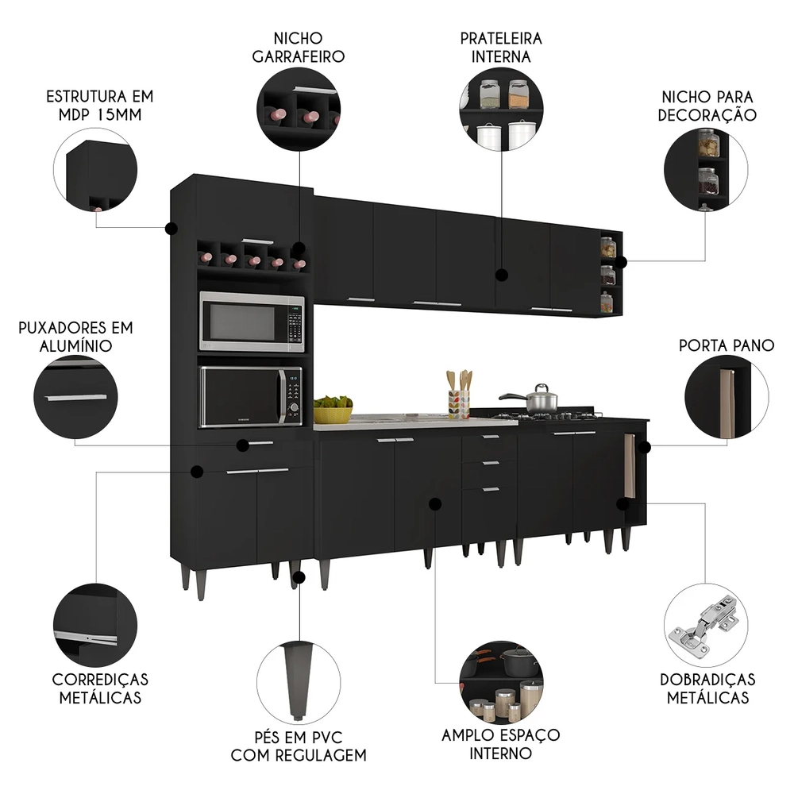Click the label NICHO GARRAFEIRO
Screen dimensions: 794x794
[298, 47]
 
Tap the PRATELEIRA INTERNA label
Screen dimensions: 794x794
[501, 47]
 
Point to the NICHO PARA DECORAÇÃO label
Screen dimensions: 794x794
[707, 105]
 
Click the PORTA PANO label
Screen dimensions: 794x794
[727, 345]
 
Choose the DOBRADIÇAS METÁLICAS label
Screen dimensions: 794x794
[707, 688]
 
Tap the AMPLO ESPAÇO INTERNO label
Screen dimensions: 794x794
[501, 744]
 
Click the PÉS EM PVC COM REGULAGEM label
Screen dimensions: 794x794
[299, 744]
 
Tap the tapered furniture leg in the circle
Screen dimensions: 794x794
[299, 674]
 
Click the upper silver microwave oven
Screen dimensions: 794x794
[251, 322]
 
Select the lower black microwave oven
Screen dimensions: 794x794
[251, 396]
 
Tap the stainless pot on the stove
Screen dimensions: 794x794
[540, 399]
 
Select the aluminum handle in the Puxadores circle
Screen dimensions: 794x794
[76, 397]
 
